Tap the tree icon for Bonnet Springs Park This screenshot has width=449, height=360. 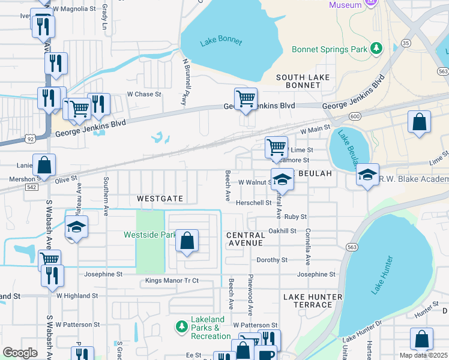pos(376,48)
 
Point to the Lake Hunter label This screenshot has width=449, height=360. pos(382,275)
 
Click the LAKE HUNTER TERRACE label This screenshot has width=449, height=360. pos(308,301)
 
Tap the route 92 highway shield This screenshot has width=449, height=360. pos(30,138)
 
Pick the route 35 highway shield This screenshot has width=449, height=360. pos(406,43)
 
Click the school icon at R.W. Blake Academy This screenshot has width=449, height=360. pos(367,175)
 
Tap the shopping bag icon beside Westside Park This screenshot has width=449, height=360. pos(187,241)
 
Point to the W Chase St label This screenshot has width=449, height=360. pos(144,94)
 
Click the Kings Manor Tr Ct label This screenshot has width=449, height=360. pos(171,281)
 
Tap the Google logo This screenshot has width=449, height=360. pos(20,352)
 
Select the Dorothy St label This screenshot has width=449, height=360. pos(272,260)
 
